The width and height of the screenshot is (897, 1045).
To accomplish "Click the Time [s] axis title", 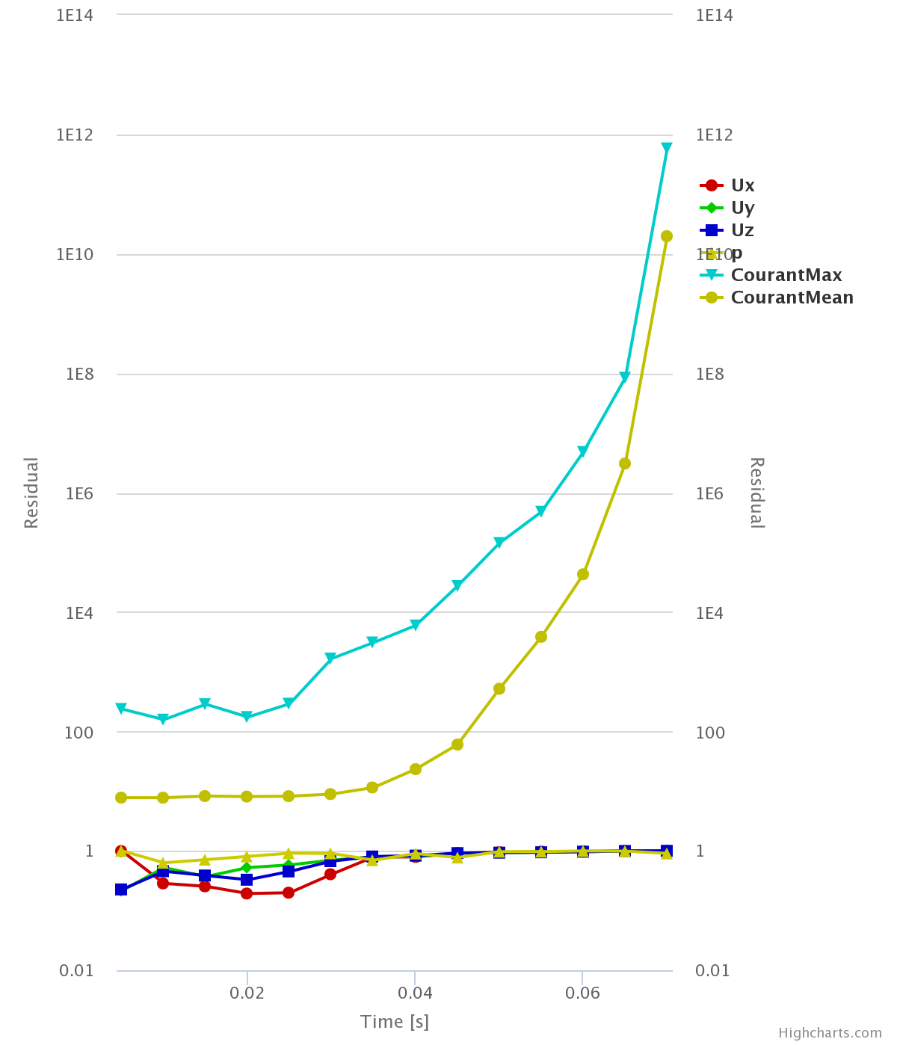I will tap(395, 1022).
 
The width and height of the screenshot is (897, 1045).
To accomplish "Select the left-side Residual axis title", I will tap(31, 493).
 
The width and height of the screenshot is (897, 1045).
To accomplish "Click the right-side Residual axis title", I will tap(756, 493).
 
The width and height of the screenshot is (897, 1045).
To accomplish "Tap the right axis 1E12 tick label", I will tap(715, 135).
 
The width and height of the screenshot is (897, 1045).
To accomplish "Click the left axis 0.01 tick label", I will tap(76, 970).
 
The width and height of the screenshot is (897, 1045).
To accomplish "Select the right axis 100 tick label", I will tap(710, 732).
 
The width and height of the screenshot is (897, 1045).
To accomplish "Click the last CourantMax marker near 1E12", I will tap(667, 148).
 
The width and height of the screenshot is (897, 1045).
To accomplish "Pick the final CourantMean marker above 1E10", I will tap(667, 236).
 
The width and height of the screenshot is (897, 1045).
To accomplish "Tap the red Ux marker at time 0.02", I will tap(247, 893).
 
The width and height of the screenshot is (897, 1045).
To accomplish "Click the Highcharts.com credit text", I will tap(830, 1033).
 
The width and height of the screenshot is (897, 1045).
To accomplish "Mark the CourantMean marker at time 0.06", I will tap(583, 574).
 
